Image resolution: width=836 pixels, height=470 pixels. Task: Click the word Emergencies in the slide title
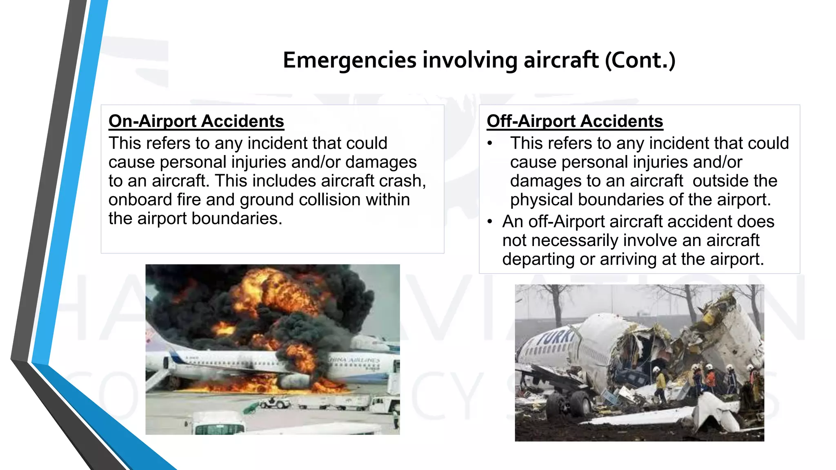coord(350,60)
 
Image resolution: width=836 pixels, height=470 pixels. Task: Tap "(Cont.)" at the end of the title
coord(640,60)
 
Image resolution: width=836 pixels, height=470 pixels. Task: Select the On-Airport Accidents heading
coord(196,121)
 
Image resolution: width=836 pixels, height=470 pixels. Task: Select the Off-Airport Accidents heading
coord(575,121)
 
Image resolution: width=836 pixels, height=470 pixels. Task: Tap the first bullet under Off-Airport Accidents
coord(490,143)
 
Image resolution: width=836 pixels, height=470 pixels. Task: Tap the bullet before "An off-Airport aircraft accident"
coord(490,222)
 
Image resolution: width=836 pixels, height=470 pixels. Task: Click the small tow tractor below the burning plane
coord(278,403)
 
